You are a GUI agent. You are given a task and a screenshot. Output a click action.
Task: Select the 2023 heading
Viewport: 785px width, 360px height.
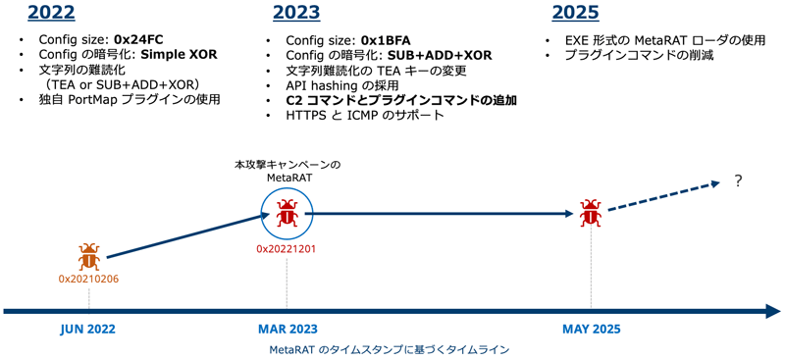coord(296,14)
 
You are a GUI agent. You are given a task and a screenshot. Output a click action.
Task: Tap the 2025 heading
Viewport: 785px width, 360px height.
coord(576,14)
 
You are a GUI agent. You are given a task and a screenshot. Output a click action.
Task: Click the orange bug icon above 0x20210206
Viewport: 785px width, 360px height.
coord(89,258)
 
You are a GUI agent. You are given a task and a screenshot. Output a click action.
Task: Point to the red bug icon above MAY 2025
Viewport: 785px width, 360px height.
coord(590,213)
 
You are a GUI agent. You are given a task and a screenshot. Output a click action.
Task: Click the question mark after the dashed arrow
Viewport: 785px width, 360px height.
coord(738,181)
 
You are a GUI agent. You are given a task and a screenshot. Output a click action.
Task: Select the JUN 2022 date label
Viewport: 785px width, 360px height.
coord(87,330)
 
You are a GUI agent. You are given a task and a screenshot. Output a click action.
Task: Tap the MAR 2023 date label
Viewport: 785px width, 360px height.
coord(288,330)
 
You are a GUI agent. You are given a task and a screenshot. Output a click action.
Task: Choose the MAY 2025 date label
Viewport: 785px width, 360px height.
coord(591,330)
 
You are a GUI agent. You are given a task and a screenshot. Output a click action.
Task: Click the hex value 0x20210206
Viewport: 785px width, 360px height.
coord(88,280)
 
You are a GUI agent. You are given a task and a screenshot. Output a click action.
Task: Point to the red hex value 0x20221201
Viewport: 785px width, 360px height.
coord(288,249)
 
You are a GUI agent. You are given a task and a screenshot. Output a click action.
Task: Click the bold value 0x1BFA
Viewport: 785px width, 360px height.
coord(386,40)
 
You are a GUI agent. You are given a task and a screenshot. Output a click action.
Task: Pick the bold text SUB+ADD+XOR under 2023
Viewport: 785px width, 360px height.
coord(440,56)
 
